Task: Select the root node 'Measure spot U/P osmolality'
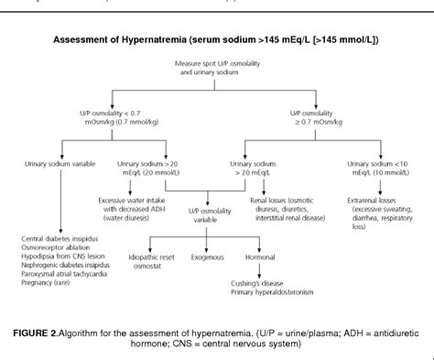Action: tap(216, 68)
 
